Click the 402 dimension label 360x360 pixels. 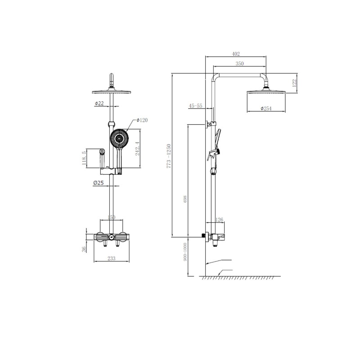point(236,54)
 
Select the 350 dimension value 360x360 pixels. point(240,64)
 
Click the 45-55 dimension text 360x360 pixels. point(196,106)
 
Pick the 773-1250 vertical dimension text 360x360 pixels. point(169,155)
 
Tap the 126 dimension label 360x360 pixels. point(220,220)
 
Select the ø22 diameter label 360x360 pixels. point(99,103)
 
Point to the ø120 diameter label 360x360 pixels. point(143,120)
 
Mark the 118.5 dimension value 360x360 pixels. point(84,159)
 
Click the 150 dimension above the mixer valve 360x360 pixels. point(112,217)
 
